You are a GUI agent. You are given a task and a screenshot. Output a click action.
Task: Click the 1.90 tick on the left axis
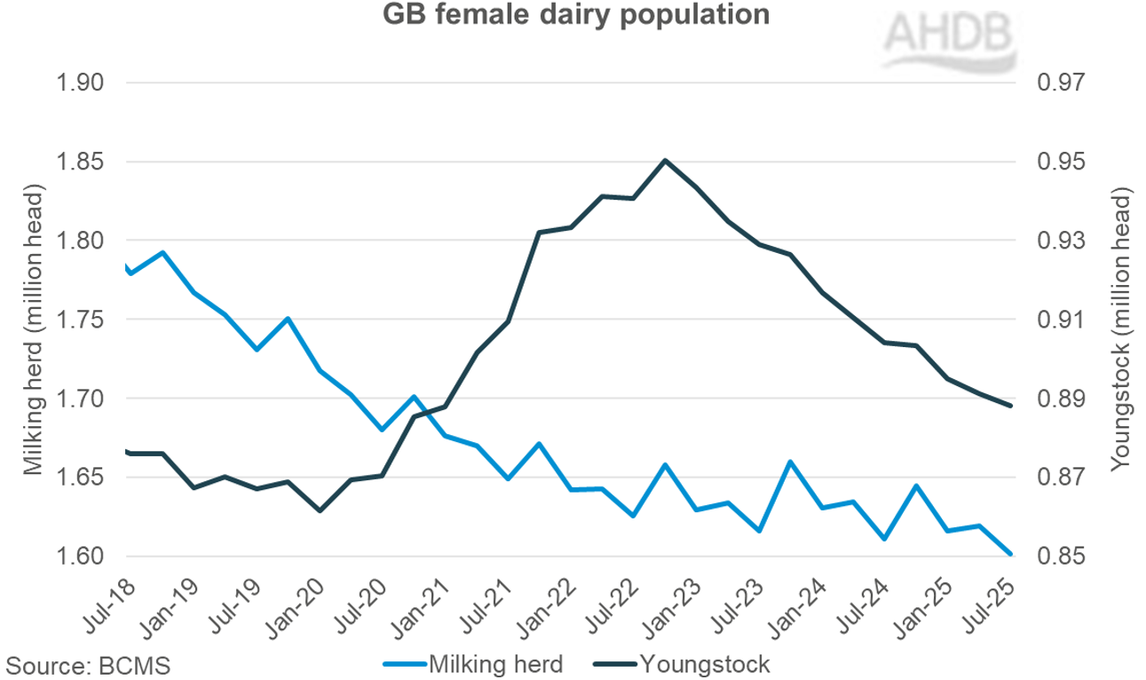tap(80, 83)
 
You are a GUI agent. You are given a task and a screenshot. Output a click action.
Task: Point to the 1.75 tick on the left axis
tap(80, 320)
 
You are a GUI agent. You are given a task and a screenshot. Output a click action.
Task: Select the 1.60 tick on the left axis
tap(80, 557)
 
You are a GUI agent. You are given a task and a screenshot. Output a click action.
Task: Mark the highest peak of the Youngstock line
tap(665, 161)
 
